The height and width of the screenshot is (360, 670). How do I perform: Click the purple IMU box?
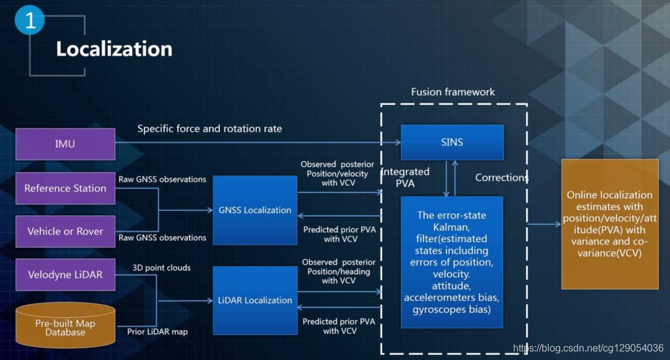click(x=65, y=144)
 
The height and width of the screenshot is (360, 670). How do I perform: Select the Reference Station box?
click(x=65, y=188)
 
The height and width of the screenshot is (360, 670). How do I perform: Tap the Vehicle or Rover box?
click(x=65, y=231)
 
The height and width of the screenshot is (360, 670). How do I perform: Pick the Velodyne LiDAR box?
click(x=65, y=274)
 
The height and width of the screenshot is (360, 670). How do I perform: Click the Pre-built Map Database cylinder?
click(x=65, y=325)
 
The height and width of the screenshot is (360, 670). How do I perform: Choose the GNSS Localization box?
click(x=255, y=210)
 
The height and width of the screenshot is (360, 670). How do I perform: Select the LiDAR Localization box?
click(x=255, y=300)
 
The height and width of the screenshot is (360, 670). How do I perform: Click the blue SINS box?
click(x=452, y=142)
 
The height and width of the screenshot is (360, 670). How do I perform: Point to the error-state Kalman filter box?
click(x=452, y=262)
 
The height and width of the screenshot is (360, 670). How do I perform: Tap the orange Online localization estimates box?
click(x=609, y=223)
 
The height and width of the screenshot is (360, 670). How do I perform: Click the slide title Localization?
click(x=114, y=49)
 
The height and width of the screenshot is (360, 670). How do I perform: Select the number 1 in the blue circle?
click(x=30, y=21)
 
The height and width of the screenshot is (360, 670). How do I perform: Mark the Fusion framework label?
click(x=453, y=92)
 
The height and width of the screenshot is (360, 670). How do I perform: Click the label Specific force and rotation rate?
click(x=210, y=128)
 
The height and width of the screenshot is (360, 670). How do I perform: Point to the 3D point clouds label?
click(x=161, y=268)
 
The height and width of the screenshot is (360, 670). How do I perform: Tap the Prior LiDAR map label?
click(x=158, y=331)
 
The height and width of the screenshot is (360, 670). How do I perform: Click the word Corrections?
click(x=501, y=178)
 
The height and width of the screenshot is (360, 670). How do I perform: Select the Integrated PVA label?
click(x=404, y=177)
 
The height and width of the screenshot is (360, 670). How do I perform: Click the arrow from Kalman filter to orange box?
click(x=543, y=224)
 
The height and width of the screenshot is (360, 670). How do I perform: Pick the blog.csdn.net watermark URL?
click(x=588, y=348)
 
